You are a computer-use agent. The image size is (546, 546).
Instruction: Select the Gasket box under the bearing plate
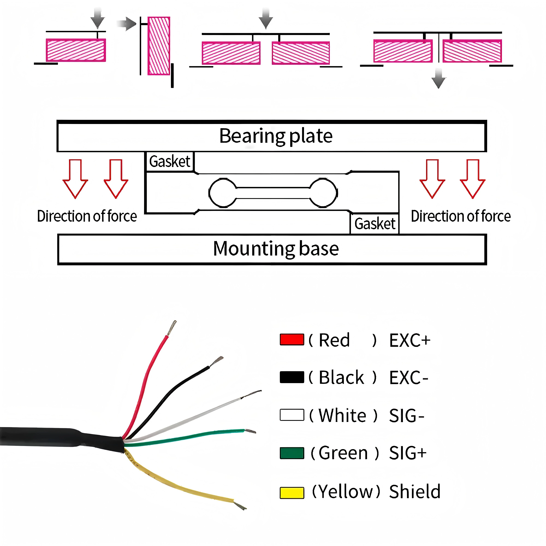pyautogui.click(x=170, y=162)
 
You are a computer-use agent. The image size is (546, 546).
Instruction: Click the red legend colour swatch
pyautogui.click(x=292, y=340)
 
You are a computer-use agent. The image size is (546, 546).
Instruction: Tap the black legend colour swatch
pyautogui.click(x=292, y=377)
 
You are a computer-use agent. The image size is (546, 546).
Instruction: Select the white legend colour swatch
pyautogui.click(x=292, y=415)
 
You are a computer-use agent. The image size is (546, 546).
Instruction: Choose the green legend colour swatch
pyautogui.click(x=292, y=453)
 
